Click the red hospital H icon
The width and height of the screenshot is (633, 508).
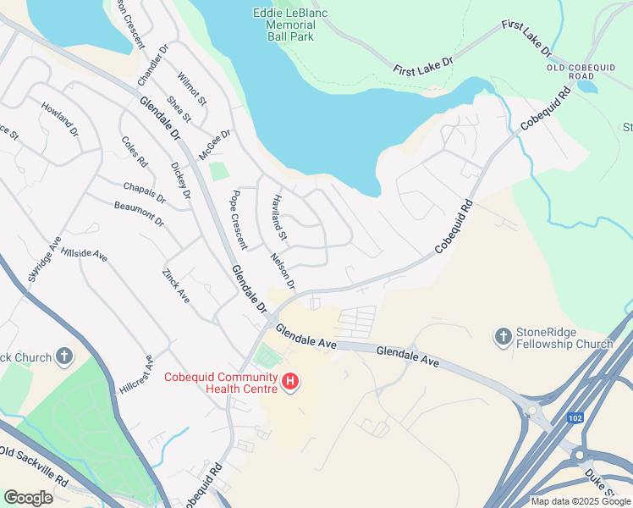pos(290,383)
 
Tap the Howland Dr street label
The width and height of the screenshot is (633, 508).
pos(59,122)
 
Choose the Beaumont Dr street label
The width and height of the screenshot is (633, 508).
pos(138,213)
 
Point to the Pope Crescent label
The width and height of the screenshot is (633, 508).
pos(239,219)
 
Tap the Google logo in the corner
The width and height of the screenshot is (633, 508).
pos(28,497)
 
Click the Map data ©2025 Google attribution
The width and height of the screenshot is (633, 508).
pos(581,500)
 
